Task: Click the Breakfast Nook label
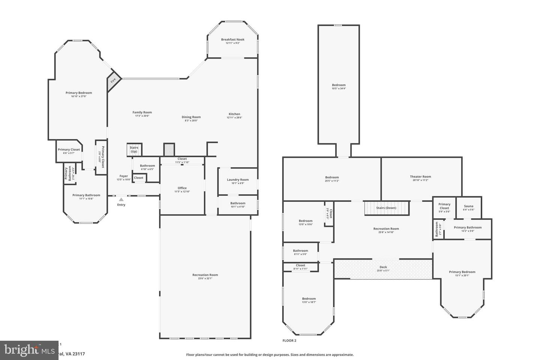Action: [x=232, y=39]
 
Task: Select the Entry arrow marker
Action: [x=121, y=200]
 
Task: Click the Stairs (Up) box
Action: [x=134, y=149]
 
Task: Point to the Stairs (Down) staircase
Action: [x=386, y=208]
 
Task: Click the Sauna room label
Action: [x=468, y=206]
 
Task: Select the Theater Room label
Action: [x=420, y=177]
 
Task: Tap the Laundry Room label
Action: [x=238, y=180]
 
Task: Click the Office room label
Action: [x=182, y=188]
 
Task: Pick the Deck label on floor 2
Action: [x=383, y=267]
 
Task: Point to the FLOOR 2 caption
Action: [x=289, y=340]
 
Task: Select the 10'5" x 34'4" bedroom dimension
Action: [x=339, y=88]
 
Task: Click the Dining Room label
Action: [x=191, y=117]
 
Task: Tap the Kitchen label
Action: [x=234, y=114]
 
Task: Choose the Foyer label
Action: [x=124, y=176]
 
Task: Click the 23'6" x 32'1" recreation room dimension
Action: [x=205, y=278]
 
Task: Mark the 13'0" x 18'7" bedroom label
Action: [x=309, y=299]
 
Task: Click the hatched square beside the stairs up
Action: [x=169, y=149]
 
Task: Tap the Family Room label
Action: [x=142, y=112]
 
